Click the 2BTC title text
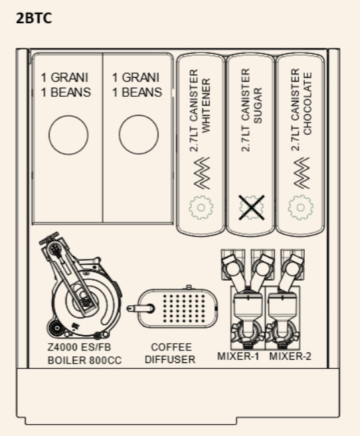[x=34, y=19]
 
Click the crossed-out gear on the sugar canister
[x=252, y=208]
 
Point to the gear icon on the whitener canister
[x=201, y=208]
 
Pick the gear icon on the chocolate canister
[x=300, y=208]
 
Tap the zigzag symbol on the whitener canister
[x=201, y=173]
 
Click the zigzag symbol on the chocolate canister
[x=301, y=173]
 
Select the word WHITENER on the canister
[x=206, y=106]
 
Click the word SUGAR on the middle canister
[x=258, y=106]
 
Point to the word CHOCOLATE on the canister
[x=307, y=104]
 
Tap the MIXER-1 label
[x=238, y=356]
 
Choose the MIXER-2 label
[x=290, y=356]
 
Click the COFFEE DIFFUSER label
[x=170, y=353]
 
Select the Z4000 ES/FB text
[x=79, y=347]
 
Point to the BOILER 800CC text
[x=84, y=360]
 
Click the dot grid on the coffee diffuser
[x=184, y=309]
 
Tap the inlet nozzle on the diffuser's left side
[x=141, y=309]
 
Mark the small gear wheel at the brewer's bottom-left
[x=56, y=328]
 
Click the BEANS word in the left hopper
[x=70, y=93]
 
